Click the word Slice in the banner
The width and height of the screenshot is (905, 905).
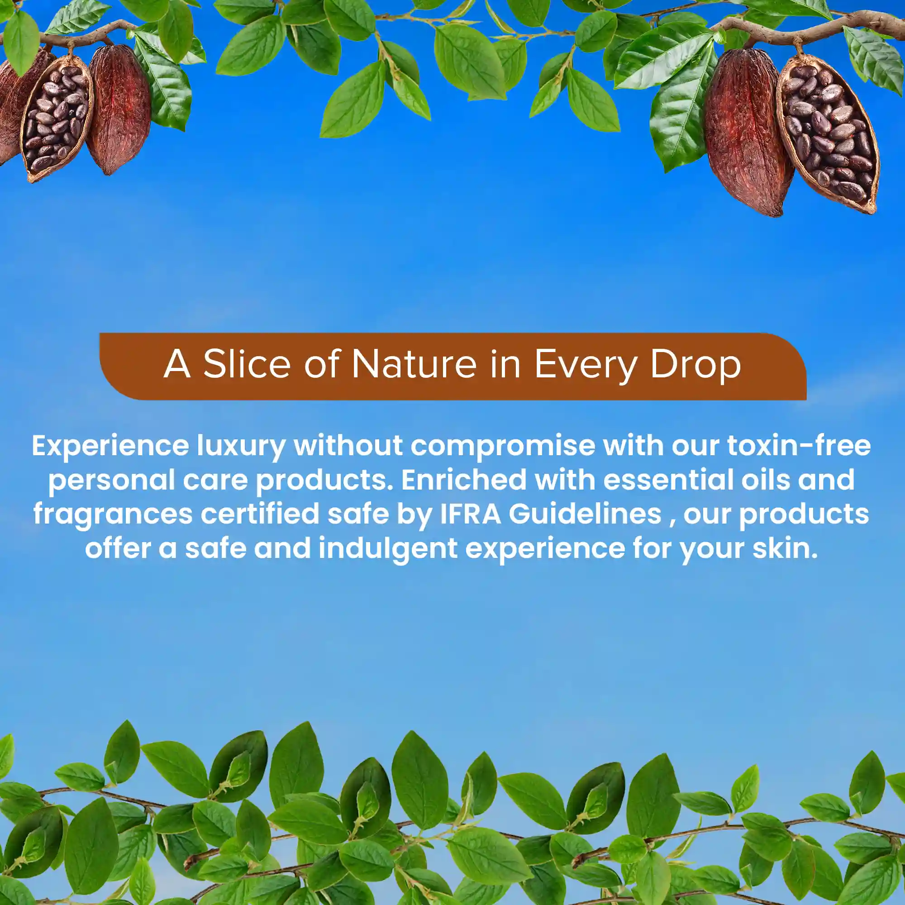click(247, 364)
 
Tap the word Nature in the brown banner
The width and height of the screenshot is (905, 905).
click(414, 364)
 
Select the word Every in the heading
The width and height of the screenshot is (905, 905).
click(586, 365)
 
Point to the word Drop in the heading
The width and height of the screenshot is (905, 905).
click(695, 365)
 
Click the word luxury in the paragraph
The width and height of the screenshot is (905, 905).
click(241, 447)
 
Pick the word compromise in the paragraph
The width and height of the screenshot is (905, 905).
click(503, 447)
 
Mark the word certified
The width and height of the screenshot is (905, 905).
click(260, 514)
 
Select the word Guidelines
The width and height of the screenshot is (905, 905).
click(585, 514)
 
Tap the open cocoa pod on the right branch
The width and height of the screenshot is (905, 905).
click(828, 133)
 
